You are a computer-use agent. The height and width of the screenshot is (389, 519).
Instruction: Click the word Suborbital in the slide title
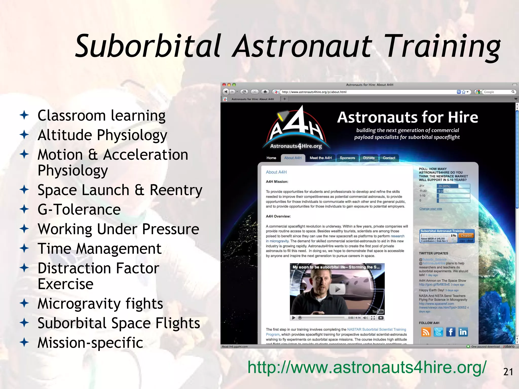148,46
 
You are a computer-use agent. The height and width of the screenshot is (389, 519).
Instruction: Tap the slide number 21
508,372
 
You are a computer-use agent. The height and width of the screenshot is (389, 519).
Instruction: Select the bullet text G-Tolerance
79,209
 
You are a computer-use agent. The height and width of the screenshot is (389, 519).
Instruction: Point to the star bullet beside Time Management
24,248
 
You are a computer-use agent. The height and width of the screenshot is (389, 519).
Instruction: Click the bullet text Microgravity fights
100,303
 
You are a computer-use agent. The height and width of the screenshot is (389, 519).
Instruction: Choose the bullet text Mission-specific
90,343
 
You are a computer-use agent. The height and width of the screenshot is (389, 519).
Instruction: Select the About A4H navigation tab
293,158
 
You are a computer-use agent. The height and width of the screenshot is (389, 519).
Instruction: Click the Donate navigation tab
369,158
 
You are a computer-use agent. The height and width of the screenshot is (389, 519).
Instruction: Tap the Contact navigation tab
389,158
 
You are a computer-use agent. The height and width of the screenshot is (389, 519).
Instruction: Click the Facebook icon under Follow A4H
451,332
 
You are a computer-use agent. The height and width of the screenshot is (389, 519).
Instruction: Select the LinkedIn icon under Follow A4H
463,332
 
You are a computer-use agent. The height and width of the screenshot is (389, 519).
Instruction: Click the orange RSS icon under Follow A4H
426,332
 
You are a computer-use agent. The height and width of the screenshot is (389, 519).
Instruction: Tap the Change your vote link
431,209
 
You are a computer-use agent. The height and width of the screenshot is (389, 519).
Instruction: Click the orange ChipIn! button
466,236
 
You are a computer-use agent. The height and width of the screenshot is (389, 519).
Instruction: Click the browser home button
265,92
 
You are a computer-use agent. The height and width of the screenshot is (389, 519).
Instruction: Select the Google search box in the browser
497,92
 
